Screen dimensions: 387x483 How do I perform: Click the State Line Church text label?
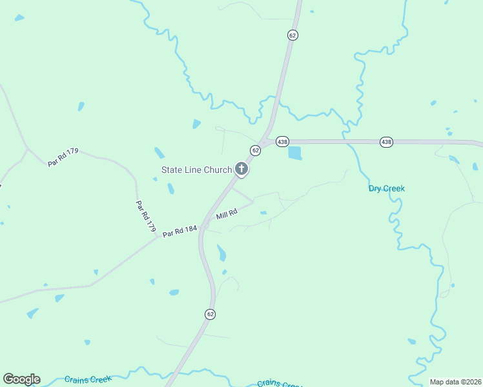196,170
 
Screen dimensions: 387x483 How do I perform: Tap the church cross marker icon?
241,170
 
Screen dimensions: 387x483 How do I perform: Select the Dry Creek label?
386,188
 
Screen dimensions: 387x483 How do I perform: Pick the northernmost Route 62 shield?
293,36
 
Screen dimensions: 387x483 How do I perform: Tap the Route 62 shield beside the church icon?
256,150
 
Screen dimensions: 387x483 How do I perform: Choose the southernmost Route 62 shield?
211,314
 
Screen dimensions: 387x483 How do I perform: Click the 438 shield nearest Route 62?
282,141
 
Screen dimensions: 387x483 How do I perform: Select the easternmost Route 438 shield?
386,142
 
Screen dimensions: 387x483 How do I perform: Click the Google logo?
21,379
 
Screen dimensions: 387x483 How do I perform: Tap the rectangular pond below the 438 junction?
294,154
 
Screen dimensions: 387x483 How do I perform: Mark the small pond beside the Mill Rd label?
263,213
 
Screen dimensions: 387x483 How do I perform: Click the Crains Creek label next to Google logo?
88,379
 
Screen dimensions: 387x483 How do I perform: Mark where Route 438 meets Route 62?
265,141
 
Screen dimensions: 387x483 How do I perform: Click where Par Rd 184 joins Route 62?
202,226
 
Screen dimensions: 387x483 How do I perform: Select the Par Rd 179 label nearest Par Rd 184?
146,216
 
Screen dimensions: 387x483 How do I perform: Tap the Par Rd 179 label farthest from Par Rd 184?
63,157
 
